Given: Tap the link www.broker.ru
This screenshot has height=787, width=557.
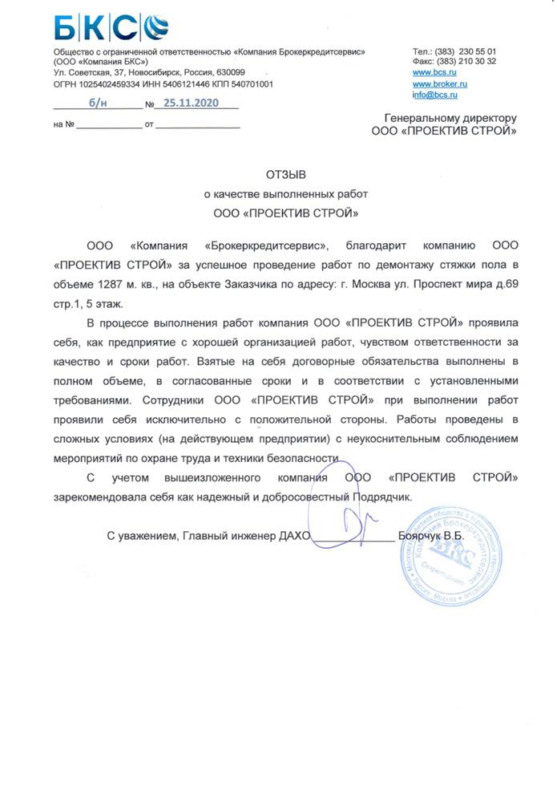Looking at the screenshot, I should pos(440,83).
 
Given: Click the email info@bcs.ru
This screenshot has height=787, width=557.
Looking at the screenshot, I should pos(435,95).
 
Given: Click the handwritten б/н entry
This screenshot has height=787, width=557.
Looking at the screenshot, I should pos(98,104).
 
